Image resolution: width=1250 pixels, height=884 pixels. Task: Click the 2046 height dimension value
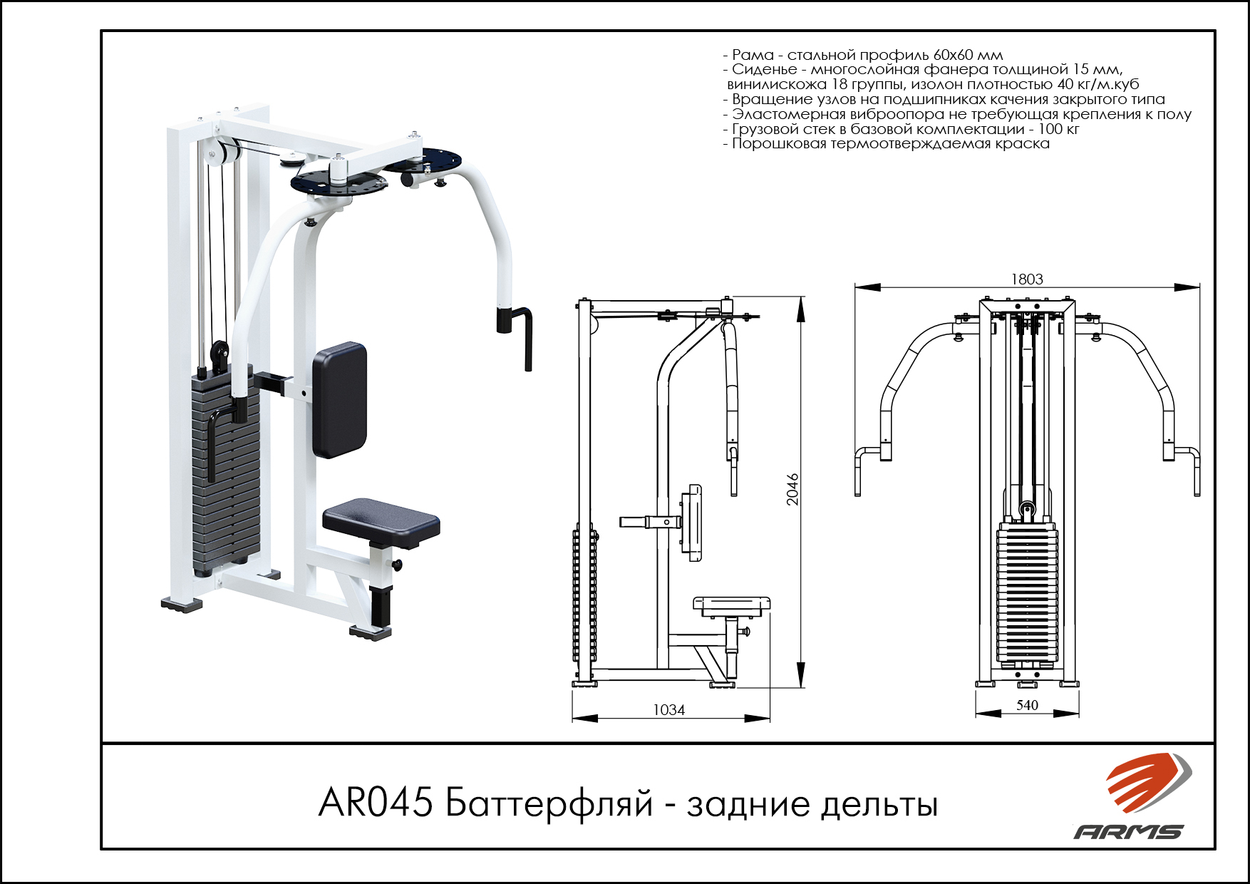click(792, 490)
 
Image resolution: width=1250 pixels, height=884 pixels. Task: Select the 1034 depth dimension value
click(668, 710)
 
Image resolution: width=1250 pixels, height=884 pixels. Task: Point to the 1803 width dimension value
click(1027, 279)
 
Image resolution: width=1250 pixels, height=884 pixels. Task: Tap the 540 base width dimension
click(1027, 705)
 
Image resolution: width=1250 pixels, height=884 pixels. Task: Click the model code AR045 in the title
click(376, 803)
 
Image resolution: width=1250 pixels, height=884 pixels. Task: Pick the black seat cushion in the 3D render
click(381, 523)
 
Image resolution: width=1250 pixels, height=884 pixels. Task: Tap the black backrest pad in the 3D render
click(340, 400)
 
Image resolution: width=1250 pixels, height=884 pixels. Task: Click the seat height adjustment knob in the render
click(396, 565)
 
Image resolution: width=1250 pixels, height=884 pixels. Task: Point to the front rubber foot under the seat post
click(371, 632)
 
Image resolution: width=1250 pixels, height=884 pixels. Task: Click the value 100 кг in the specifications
click(1058, 129)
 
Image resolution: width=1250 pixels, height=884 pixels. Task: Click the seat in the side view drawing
click(732, 606)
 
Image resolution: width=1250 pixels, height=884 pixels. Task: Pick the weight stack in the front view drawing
click(1027, 594)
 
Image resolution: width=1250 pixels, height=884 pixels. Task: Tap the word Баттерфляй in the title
click(549, 805)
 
